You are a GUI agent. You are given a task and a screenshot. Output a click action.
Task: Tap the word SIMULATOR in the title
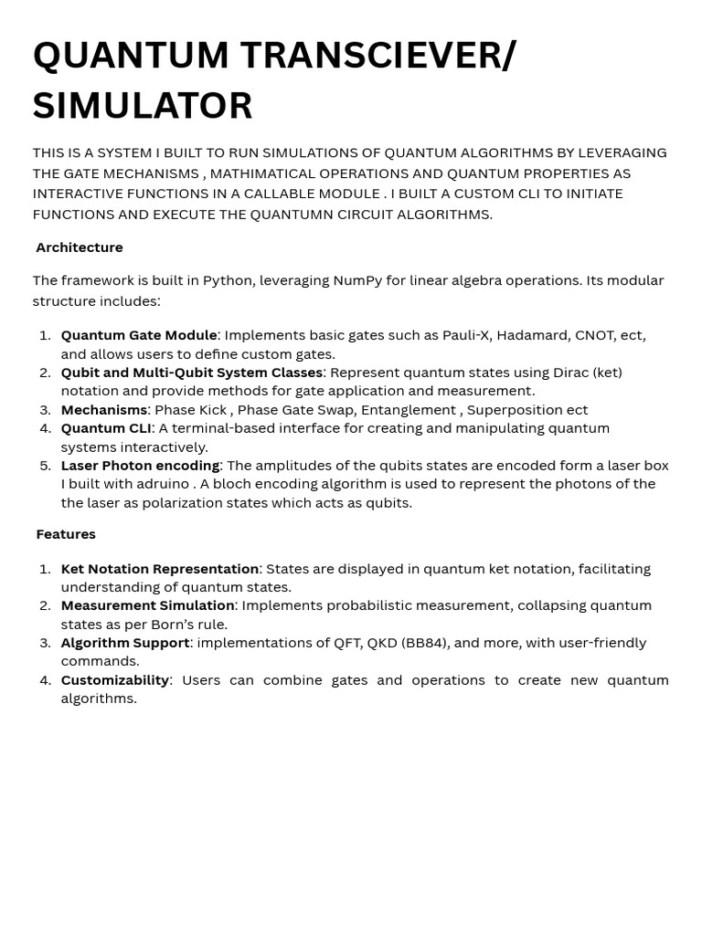tap(143, 106)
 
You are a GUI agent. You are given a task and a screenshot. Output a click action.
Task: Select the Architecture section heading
tap(80, 247)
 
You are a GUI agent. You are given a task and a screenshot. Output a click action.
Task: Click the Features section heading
tap(66, 534)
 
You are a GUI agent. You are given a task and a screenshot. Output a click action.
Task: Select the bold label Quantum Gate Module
tap(139, 335)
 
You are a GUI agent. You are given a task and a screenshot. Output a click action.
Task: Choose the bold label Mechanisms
tap(104, 410)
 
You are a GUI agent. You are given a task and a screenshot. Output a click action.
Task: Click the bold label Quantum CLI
tap(106, 428)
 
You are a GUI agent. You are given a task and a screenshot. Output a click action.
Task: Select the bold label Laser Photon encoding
tap(140, 466)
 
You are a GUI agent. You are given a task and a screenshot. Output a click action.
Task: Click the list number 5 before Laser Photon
tap(46, 466)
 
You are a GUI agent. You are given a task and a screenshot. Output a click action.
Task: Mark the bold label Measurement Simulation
tap(148, 605)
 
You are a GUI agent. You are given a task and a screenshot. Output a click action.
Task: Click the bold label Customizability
tap(115, 680)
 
